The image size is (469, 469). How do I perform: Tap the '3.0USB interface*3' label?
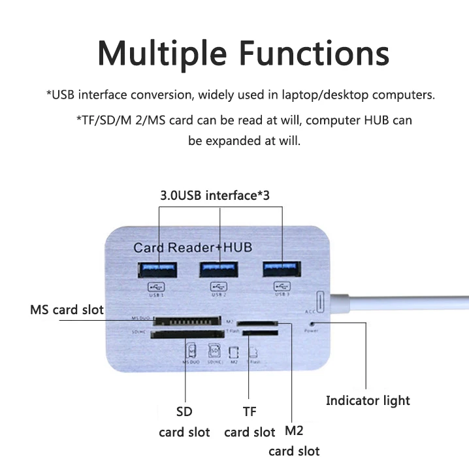point(215,195)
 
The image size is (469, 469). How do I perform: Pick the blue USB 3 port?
point(282,268)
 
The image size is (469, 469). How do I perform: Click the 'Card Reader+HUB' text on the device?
point(192,247)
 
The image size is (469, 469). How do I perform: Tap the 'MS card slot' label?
point(67,309)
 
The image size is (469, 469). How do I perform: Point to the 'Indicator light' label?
point(368,400)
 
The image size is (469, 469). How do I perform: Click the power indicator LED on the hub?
point(311,323)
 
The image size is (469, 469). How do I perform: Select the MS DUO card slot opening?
point(186,322)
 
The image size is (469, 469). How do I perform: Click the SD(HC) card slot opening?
point(186,336)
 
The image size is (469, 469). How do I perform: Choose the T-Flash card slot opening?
point(258,332)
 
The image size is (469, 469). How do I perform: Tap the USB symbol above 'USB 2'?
point(218,285)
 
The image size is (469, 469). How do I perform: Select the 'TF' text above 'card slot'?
point(250,412)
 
